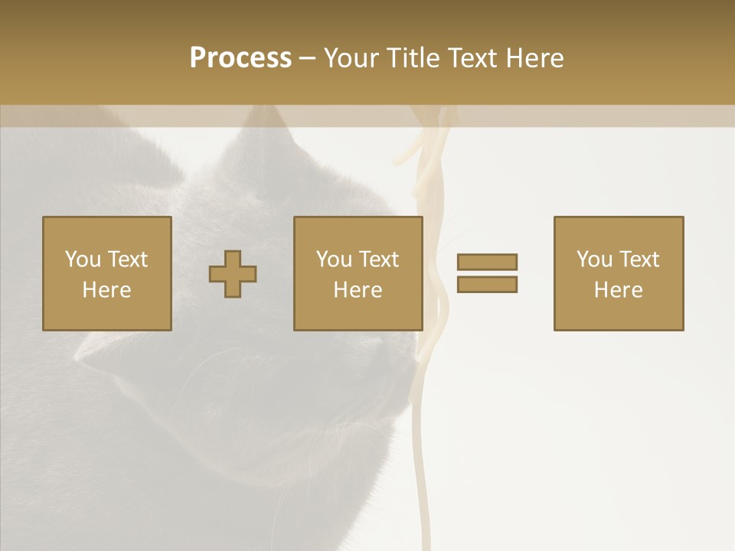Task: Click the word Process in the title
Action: pos(240,58)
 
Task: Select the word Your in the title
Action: pos(352,58)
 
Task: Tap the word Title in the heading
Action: pos(414,58)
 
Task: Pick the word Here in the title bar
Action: pos(536,58)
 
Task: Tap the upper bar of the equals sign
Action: pos(487,262)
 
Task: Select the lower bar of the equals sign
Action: pos(487,284)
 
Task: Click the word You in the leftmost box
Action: pos(83,259)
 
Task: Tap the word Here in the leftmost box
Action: pos(107,290)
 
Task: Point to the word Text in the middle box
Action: pos(378,259)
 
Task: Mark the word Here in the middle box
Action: pos(358,290)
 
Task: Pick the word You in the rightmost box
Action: pos(594,259)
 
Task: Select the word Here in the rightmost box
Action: pos(619,290)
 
